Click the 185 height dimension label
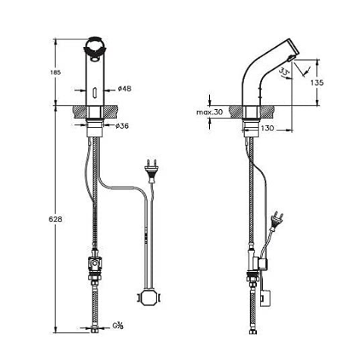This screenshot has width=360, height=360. point(56,73)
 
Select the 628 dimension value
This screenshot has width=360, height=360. point(55,219)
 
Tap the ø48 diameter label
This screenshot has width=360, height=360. point(124,89)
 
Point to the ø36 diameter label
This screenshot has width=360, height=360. point(122,126)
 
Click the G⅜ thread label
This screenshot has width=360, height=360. point(117,326)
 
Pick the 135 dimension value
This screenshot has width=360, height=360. point(317,83)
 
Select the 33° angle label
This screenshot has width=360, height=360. point(284,71)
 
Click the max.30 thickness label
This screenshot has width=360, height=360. point(210,112)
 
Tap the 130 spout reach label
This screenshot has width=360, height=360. point(268,128)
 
